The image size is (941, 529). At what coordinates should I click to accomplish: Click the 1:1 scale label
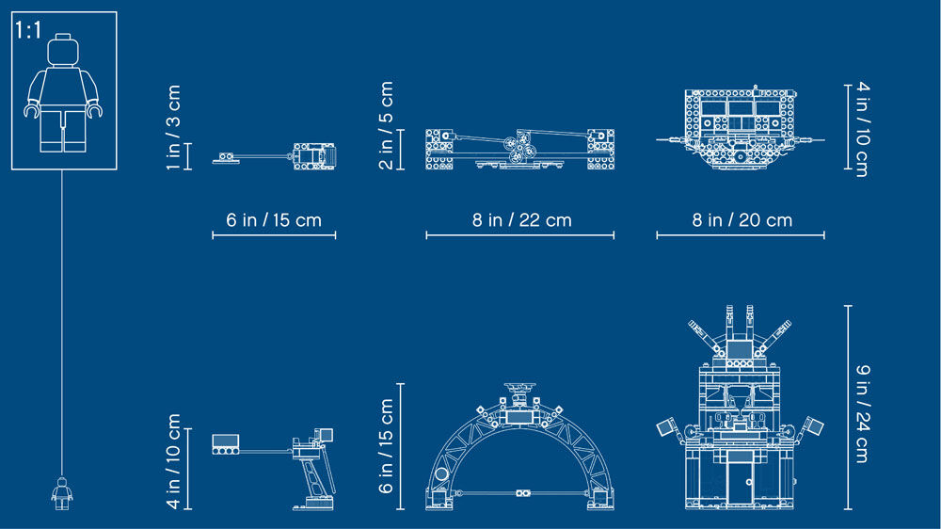(x=28, y=30)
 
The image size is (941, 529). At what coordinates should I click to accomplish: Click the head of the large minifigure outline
(x=63, y=50)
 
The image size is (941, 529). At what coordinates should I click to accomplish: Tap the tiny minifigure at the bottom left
(x=62, y=493)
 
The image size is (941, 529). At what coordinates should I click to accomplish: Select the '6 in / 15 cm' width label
(x=274, y=219)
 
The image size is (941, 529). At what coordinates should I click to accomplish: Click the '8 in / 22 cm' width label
(x=521, y=219)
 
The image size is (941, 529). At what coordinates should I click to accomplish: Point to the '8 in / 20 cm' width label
(x=742, y=219)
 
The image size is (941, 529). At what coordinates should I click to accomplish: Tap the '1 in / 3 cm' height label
(x=173, y=127)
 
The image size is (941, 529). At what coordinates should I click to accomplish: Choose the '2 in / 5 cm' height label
(x=387, y=125)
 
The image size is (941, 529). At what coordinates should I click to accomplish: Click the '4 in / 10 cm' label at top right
(x=862, y=129)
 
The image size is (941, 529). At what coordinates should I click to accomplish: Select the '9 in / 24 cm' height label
(x=862, y=414)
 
